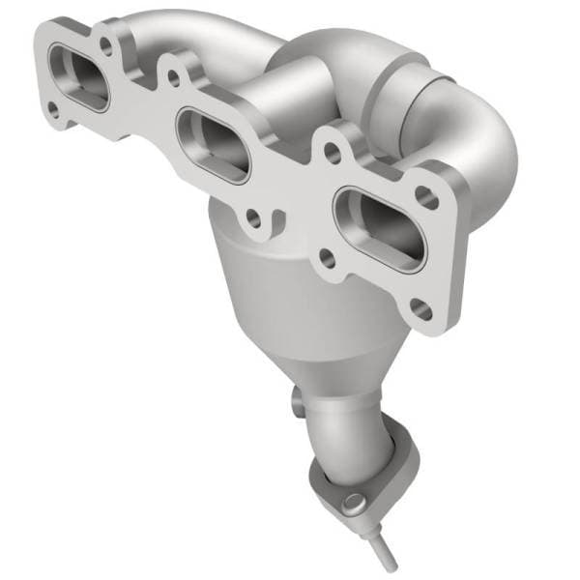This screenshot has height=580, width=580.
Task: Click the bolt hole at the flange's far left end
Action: pos(54,109)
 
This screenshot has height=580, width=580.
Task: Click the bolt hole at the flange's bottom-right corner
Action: pos(421,309)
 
